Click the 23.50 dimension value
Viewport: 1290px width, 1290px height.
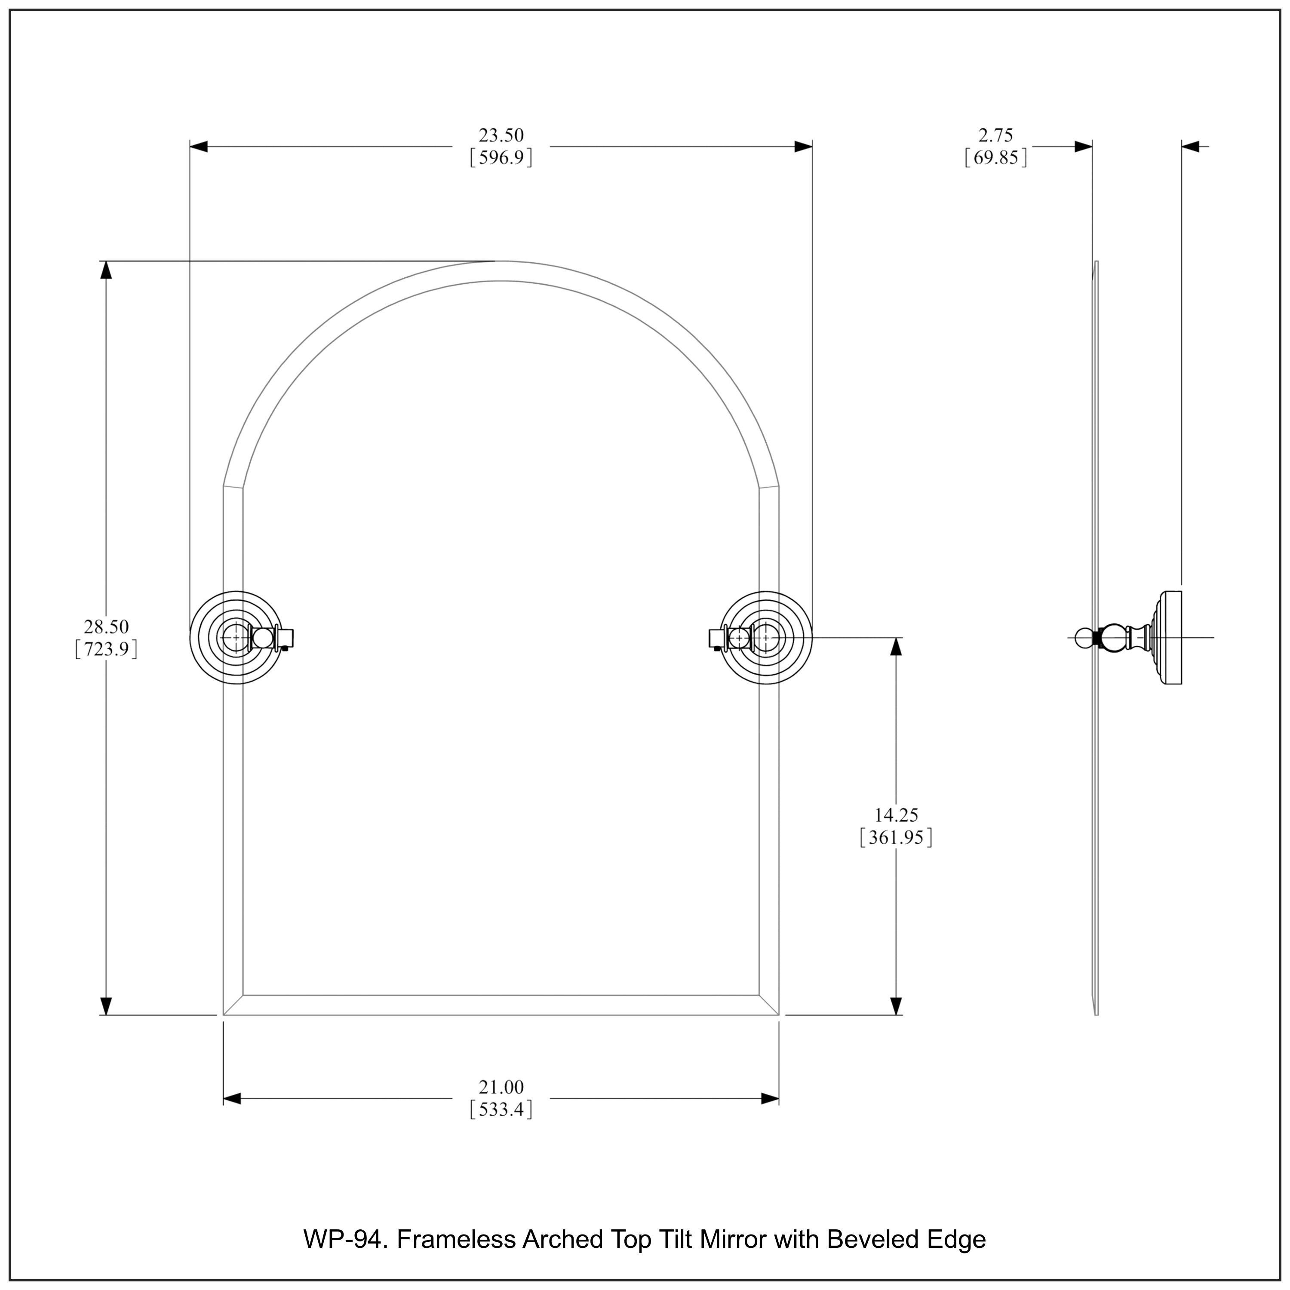(x=501, y=135)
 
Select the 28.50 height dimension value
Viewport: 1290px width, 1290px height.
(x=106, y=627)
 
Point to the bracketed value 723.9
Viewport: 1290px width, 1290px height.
(x=106, y=649)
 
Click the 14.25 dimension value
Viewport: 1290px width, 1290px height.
(x=896, y=814)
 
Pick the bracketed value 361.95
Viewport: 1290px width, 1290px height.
(x=896, y=837)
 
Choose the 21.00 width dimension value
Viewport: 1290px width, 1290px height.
(x=501, y=1087)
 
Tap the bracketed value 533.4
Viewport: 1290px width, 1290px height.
(x=501, y=1110)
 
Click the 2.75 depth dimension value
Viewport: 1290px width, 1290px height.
(x=995, y=135)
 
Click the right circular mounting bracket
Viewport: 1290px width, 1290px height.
(x=767, y=638)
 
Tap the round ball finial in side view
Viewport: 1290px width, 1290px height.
(x=1084, y=638)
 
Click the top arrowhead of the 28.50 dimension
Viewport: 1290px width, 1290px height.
(x=105, y=270)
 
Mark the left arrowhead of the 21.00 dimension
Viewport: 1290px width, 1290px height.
(x=232, y=1098)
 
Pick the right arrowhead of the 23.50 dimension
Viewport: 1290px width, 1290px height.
(x=803, y=147)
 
